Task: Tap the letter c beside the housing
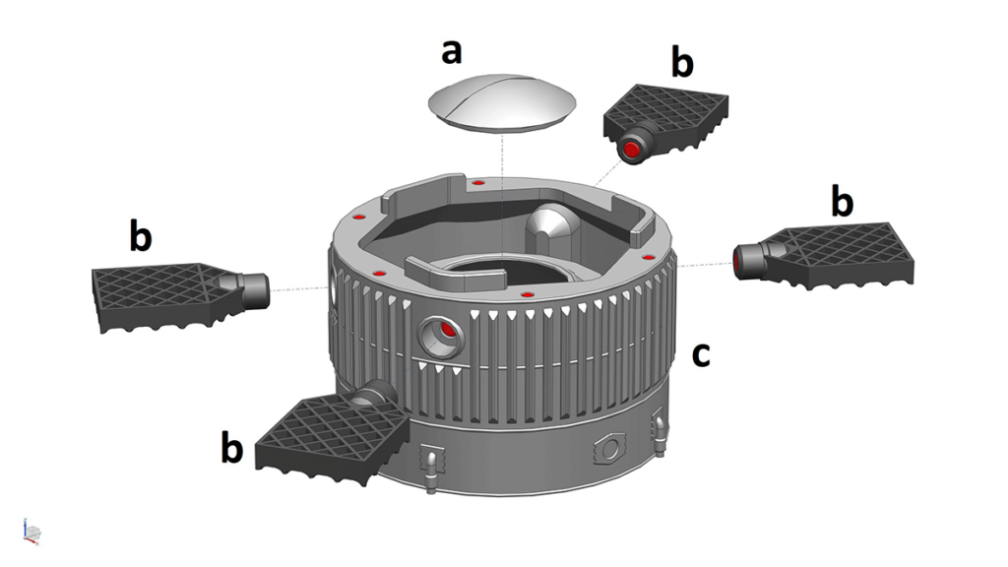tap(701, 354)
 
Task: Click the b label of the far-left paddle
tap(141, 237)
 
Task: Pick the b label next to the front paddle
tap(231, 448)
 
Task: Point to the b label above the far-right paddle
tap(842, 201)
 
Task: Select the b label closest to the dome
tap(681, 62)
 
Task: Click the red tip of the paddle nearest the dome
tap(630, 149)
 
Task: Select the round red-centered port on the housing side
tap(443, 333)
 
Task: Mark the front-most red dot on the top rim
tap(526, 295)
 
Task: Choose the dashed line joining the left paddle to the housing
tap(300, 288)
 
